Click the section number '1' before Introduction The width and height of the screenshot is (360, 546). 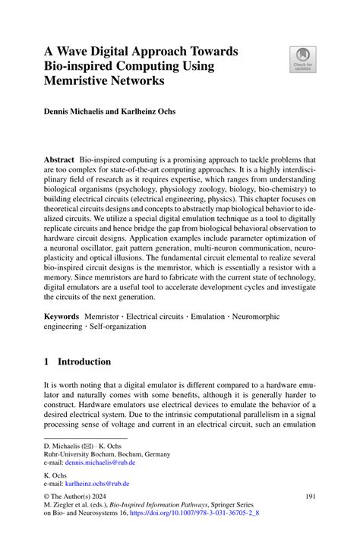tap(46, 361)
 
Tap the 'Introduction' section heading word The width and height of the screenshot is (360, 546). tap(86, 361)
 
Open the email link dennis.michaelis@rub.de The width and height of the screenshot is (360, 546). tap(100, 462)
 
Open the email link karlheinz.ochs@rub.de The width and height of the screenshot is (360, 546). tap(97, 483)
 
